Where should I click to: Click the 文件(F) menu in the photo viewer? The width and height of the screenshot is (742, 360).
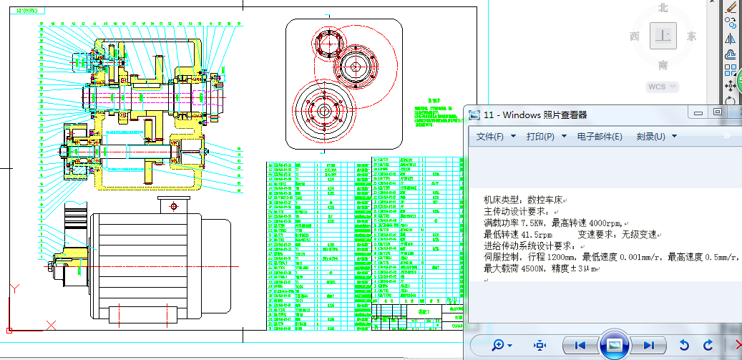pos(489,136)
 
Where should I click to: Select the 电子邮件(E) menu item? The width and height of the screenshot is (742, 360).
pos(599,136)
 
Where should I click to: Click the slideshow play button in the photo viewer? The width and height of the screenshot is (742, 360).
pos(613,345)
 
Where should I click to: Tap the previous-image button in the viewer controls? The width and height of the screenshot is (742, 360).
pos(580,345)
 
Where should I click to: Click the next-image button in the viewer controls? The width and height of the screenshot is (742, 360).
pos(648,345)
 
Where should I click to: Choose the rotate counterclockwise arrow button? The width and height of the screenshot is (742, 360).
pos(684,345)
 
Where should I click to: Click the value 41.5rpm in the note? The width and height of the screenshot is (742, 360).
pos(532,234)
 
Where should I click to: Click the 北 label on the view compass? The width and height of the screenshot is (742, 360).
pos(663,8)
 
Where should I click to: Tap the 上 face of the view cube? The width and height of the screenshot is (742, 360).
pos(664,36)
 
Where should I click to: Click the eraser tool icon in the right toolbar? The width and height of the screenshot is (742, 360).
pos(731,6)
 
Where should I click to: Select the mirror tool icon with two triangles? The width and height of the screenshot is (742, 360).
pos(731,39)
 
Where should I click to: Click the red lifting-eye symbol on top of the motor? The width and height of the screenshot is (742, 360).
pos(172,207)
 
